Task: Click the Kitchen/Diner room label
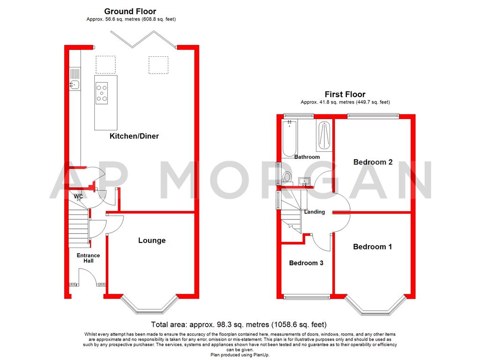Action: pyautogui.click(x=134, y=136)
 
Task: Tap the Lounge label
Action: pyautogui.click(x=151, y=240)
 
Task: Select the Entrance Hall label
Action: pyautogui.click(x=88, y=258)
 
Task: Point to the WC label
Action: pyautogui.click(x=78, y=197)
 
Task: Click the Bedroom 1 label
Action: pyautogui.click(x=372, y=247)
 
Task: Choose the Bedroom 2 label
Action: pyautogui.click(x=373, y=162)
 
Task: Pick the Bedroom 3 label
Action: pyautogui.click(x=306, y=263)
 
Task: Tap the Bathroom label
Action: pyautogui.click(x=307, y=157)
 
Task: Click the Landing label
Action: pyautogui.click(x=314, y=212)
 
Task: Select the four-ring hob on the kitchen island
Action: pyautogui.click(x=102, y=92)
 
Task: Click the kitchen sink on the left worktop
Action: pyautogui.click(x=75, y=85)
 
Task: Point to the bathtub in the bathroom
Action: pyautogui.click(x=289, y=138)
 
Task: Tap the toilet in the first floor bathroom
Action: pyautogui.click(x=287, y=177)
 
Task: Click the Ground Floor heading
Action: pyautogui.click(x=130, y=11)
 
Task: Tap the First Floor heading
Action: pyautogui.click(x=345, y=94)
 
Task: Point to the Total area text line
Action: pyautogui.click(x=239, y=324)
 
